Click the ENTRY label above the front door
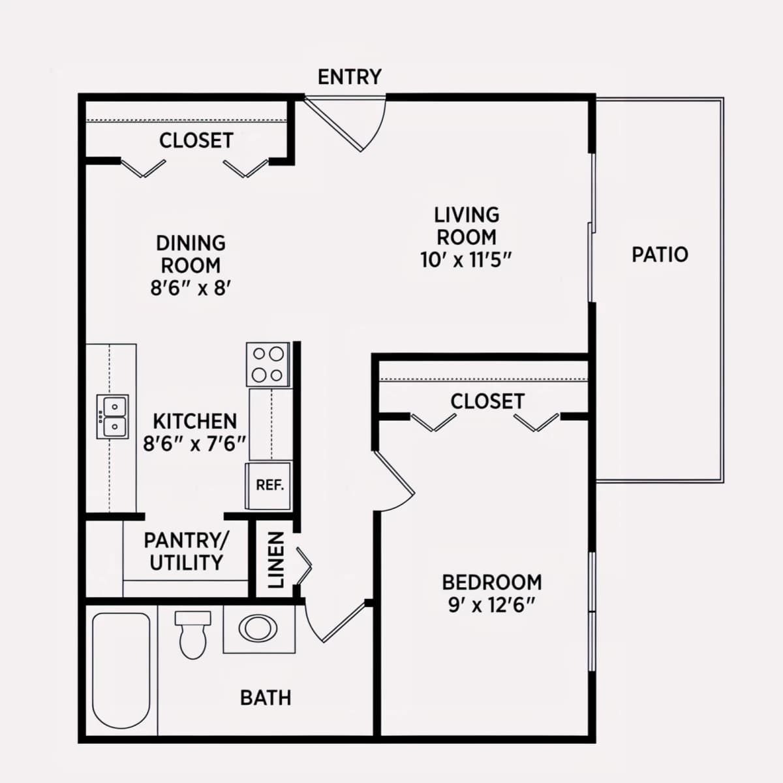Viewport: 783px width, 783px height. pyautogui.click(x=350, y=77)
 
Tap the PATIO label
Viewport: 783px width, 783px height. pyautogui.click(x=660, y=254)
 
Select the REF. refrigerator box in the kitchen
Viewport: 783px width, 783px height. pyautogui.click(x=269, y=485)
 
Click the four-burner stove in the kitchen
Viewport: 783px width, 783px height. pyautogui.click(x=269, y=364)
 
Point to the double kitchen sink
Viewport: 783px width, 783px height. pyautogui.click(x=112, y=416)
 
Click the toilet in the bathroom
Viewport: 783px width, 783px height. pyautogui.click(x=193, y=635)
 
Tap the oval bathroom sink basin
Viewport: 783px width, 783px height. pyautogui.click(x=258, y=628)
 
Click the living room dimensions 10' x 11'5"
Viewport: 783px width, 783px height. pyautogui.click(x=466, y=260)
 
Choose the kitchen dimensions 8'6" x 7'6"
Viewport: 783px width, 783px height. pyautogui.click(x=194, y=444)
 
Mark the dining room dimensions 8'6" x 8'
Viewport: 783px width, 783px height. pyautogui.click(x=191, y=288)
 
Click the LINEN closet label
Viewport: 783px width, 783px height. pyautogui.click(x=276, y=560)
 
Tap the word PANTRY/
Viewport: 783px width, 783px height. pyautogui.click(x=187, y=540)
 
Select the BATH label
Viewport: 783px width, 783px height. pyautogui.click(x=266, y=698)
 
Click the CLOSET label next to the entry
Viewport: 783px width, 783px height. pyautogui.click(x=196, y=140)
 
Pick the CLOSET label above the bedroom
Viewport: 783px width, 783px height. pyautogui.click(x=487, y=401)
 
